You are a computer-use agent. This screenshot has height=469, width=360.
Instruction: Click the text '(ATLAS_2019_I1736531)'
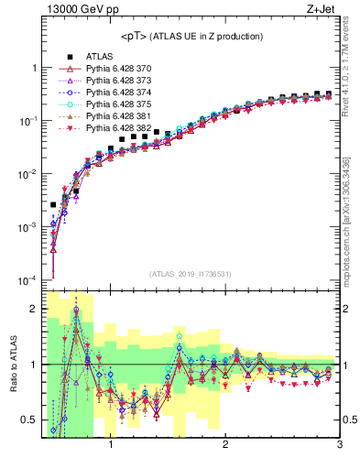(191, 273)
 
